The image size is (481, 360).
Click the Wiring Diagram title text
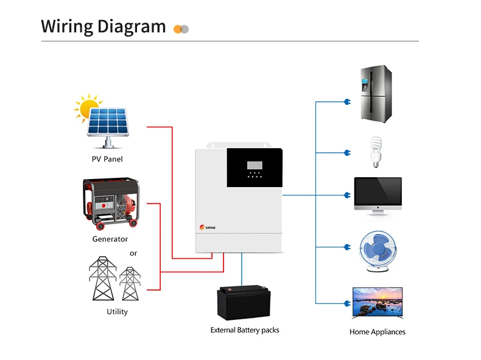103,27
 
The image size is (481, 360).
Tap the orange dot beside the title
178,29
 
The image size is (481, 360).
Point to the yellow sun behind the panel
87,107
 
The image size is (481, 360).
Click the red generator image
110,200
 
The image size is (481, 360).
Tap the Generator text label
110,239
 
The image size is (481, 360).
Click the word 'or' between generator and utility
134,253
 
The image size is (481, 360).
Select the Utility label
118,312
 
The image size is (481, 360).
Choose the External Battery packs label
245,330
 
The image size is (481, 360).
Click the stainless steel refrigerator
374,96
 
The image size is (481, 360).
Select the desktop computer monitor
378,196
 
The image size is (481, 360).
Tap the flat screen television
378,303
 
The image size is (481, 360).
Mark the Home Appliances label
377,332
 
